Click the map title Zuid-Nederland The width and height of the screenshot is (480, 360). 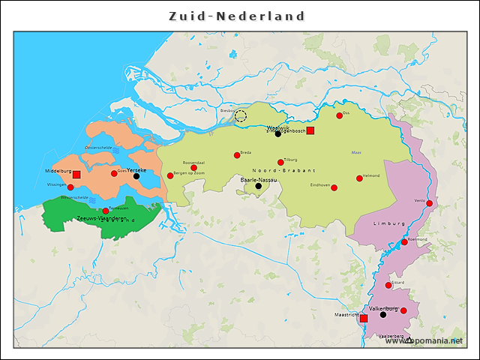[x=236, y=16]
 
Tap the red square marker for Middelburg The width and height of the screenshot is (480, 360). [x=76, y=174]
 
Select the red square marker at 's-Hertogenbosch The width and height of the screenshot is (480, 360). [x=310, y=130]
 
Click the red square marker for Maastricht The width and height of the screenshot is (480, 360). [x=364, y=319]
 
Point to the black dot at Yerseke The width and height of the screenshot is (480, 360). [x=136, y=176]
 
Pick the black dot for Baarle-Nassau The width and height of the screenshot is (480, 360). [x=259, y=186]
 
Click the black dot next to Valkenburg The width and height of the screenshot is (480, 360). [x=383, y=315]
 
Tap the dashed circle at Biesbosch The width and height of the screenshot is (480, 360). [x=241, y=115]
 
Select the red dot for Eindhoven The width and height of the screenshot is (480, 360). [x=334, y=187]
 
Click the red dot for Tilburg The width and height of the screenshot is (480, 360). [x=280, y=162]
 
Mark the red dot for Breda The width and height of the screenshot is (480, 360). [x=237, y=155]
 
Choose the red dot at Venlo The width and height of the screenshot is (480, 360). [x=429, y=202]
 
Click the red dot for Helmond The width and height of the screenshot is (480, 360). [x=359, y=178]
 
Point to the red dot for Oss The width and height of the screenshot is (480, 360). [x=339, y=115]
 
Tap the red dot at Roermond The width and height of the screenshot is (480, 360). [x=404, y=242]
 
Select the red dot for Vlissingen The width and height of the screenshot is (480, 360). [x=70, y=187]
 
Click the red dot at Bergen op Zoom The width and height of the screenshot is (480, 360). [x=170, y=176]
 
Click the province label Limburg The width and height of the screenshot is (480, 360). [x=388, y=223]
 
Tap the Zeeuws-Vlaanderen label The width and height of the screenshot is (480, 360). [x=101, y=218]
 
